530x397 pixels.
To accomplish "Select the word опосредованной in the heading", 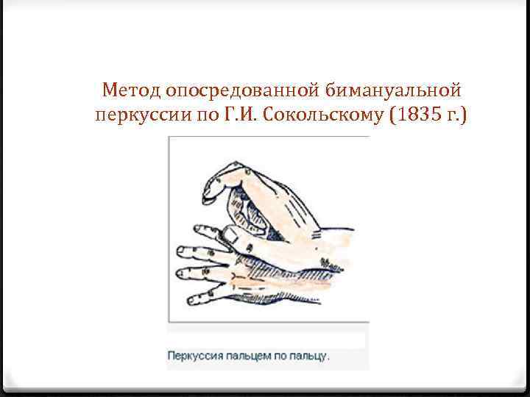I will (x=241, y=91).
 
